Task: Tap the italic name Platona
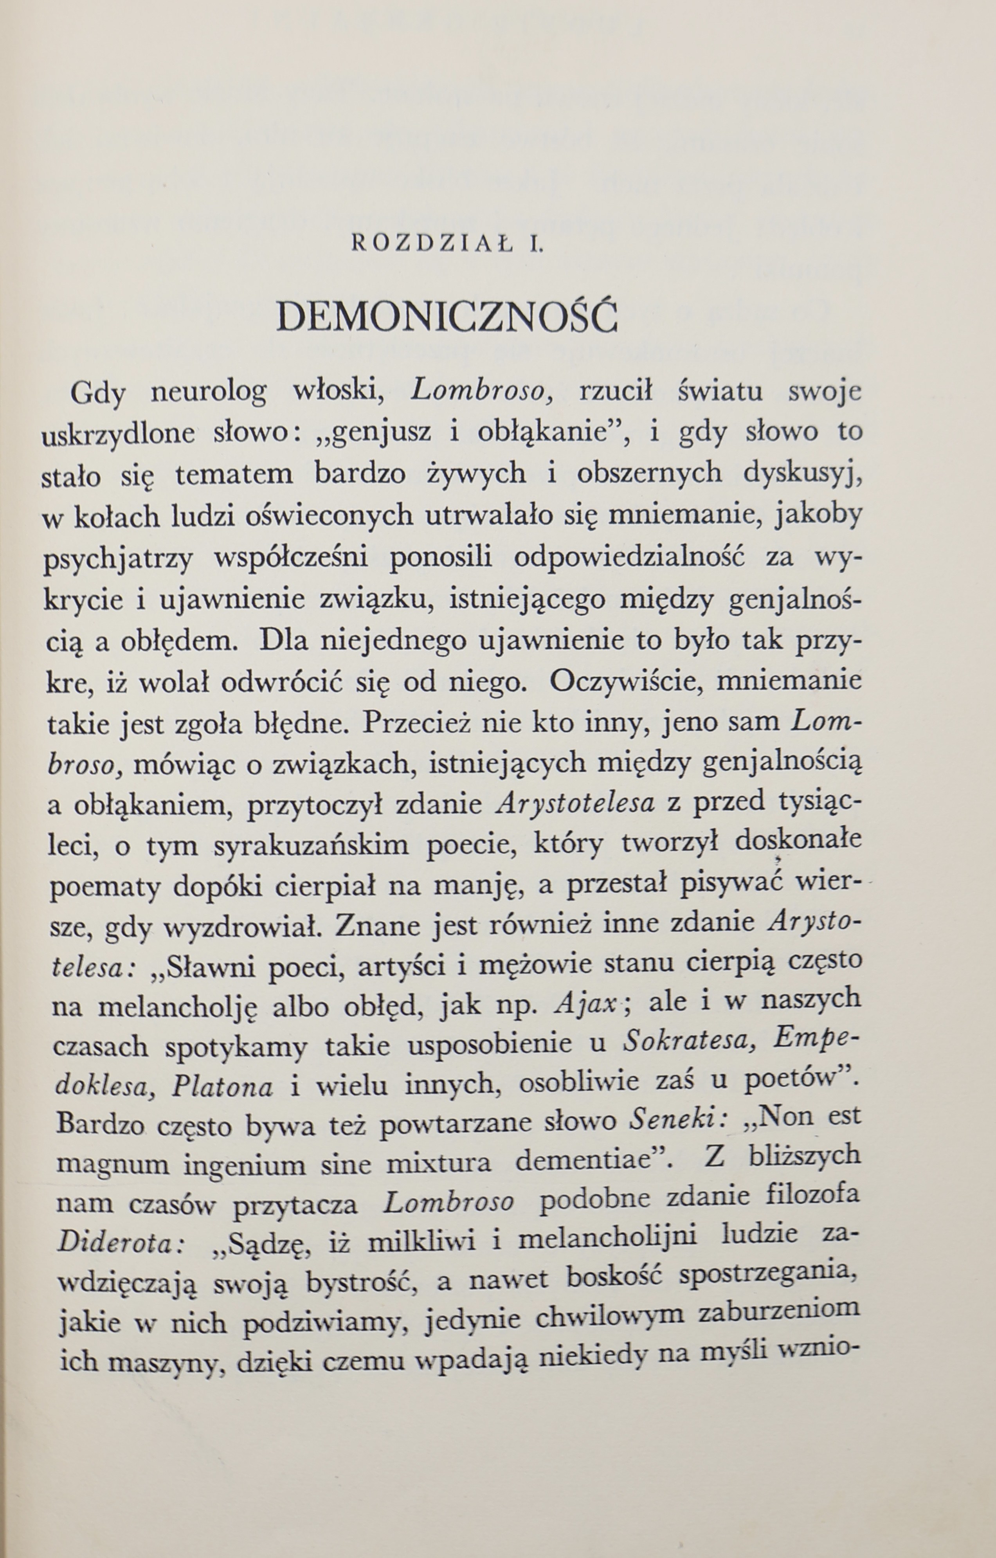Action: (x=222, y=1090)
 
